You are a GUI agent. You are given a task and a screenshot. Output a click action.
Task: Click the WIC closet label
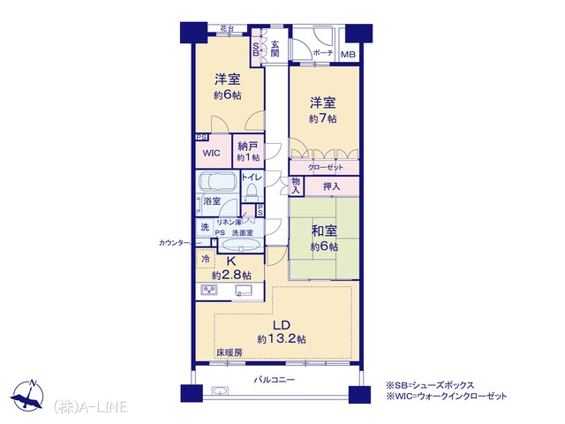pyautogui.click(x=212, y=153)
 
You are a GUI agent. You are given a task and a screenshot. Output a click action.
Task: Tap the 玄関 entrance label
pyautogui.click(x=275, y=49)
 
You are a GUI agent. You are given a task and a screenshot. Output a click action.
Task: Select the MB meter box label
pyautogui.click(x=348, y=55)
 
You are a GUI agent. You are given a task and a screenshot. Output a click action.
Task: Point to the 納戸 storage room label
pyautogui.click(x=248, y=146)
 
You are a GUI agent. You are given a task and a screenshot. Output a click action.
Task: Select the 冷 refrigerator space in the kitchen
pyautogui.click(x=206, y=259)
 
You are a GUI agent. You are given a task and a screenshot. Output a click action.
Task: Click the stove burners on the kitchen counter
pyautogui.click(x=209, y=291)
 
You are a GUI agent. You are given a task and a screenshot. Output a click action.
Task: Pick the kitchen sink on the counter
pyautogui.click(x=244, y=291)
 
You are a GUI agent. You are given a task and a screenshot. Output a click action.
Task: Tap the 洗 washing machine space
pyautogui.click(x=205, y=228)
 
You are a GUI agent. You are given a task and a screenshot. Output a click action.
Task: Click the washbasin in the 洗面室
pyautogui.click(x=239, y=246)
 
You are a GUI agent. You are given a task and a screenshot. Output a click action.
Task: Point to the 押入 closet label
pyautogui.click(x=332, y=186)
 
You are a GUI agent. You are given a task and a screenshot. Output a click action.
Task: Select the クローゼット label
pyautogui.click(x=326, y=167)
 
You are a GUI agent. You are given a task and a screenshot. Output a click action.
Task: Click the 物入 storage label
pyautogui.click(x=296, y=186)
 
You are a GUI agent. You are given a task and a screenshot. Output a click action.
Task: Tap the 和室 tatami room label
pyautogui.click(x=324, y=231)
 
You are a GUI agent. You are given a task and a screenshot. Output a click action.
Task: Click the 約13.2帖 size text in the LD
pyautogui.click(x=282, y=339)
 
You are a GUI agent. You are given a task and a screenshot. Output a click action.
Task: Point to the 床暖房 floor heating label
pyautogui.click(x=230, y=353)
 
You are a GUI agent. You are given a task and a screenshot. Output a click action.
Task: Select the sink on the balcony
pyautogui.click(x=220, y=391)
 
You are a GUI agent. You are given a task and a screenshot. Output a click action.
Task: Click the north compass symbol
pyautogui.click(x=27, y=395)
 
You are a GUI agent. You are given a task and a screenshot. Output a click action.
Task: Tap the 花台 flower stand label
pyautogui.click(x=226, y=28)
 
